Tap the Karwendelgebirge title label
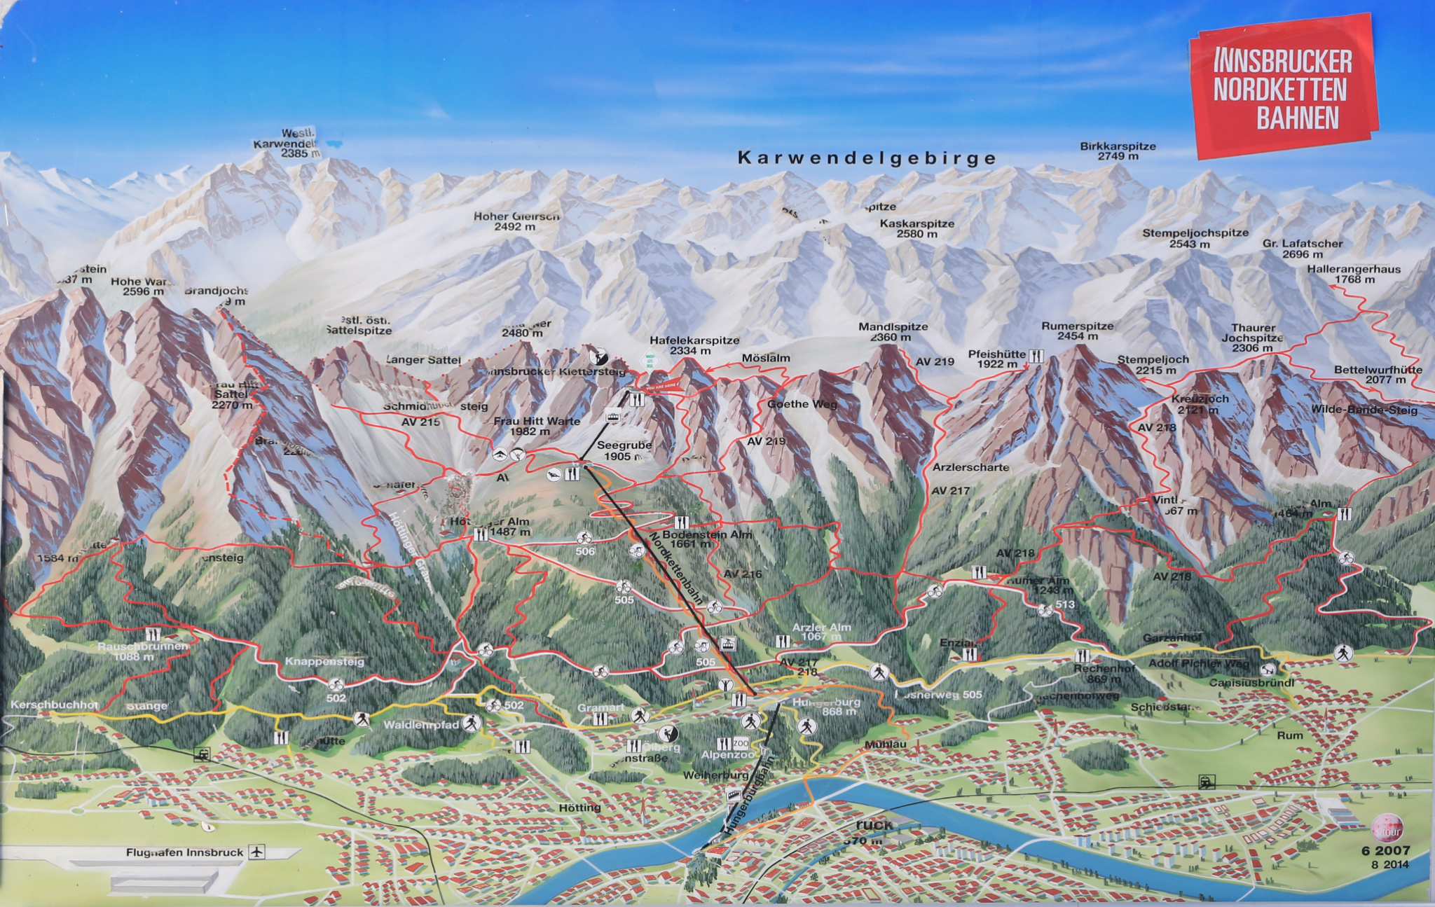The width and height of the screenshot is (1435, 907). pos(866,158)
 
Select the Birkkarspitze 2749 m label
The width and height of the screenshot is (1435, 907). pos(1118,151)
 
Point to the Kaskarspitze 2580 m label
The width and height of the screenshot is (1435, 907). pos(917,228)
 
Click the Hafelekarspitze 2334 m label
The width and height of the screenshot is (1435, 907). pos(694,345)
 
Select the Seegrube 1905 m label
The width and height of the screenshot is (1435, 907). pos(624,450)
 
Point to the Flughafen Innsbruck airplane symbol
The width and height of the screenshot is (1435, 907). pos(257,852)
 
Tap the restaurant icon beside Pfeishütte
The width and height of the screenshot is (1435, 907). pos(1036,356)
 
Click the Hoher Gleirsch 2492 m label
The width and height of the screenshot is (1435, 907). pos(516,221)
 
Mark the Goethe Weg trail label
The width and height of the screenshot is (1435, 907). pos(802,404)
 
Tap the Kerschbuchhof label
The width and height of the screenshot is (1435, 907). pos(54,705)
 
